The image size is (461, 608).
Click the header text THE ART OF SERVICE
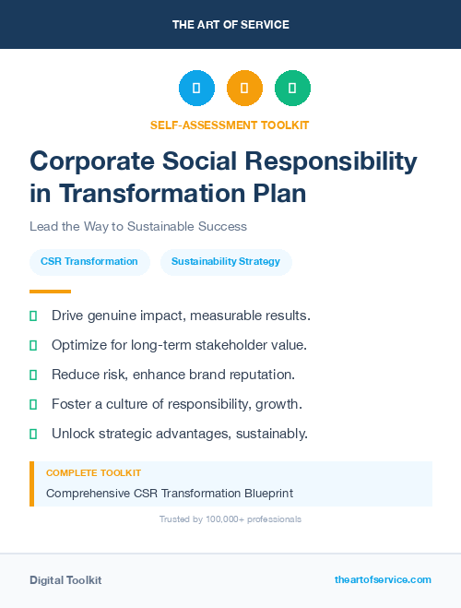click(230, 24)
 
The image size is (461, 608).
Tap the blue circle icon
click(196, 89)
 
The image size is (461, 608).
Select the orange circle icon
click(244, 89)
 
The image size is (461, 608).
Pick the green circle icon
click(292, 89)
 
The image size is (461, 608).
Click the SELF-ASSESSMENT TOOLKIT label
click(230, 125)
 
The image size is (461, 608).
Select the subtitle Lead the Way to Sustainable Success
click(138, 226)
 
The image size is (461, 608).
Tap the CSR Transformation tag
click(89, 262)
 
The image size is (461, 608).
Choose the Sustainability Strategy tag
click(226, 262)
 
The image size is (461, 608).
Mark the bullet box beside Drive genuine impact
click(33, 316)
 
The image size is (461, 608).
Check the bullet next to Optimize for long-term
click(33, 346)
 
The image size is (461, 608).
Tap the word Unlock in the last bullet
click(72, 434)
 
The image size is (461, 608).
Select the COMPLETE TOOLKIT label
click(93, 473)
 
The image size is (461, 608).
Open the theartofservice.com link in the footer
click(383, 579)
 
